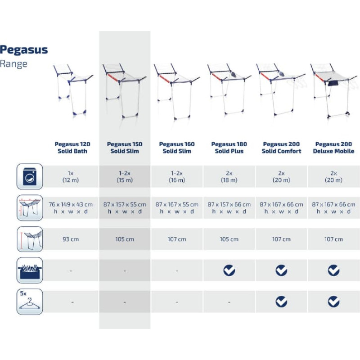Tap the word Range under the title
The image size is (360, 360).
pyautogui.click(x=13, y=64)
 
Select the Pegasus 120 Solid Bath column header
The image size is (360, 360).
pyautogui.click(x=72, y=148)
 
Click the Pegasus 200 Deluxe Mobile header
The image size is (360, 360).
pyautogui.click(x=333, y=148)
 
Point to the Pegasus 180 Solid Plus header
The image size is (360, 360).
pyautogui.click(x=229, y=148)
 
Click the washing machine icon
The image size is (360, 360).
pyautogui.click(x=30, y=176)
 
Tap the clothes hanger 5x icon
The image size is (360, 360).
pyautogui.click(x=30, y=301)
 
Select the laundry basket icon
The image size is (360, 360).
pyautogui.click(x=30, y=270)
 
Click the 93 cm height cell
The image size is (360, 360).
pyautogui.click(x=71, y=239)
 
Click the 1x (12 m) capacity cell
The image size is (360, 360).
pyautogui.click(x=71, y=176)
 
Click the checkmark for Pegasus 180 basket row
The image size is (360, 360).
pyautogui.click(x=229, y=270)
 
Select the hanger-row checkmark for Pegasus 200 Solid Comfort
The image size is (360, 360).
pyautogui.click(x=281, y=301)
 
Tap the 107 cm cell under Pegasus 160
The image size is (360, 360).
pyautogui.click(x=177, y=239)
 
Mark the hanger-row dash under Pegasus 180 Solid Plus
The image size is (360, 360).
pyautogui.click(x=229, y=302)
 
